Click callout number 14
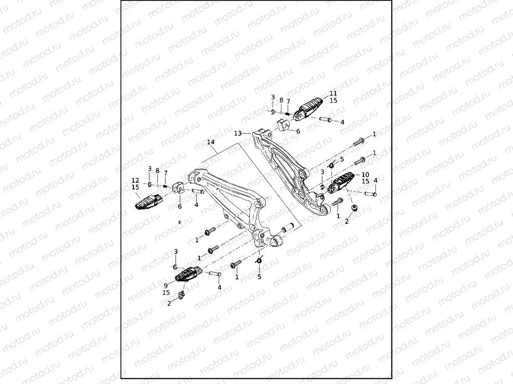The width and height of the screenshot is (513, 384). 210,142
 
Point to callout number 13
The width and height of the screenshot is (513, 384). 237,133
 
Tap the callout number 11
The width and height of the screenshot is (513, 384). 333,94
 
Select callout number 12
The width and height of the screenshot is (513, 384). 136,180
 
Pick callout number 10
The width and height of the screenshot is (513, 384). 365,175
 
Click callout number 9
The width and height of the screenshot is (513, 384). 166,285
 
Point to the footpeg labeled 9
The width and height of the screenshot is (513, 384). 187,273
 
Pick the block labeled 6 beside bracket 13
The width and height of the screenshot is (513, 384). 283,125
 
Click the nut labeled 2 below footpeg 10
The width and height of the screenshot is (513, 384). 354,208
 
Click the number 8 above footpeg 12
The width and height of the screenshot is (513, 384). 157,170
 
